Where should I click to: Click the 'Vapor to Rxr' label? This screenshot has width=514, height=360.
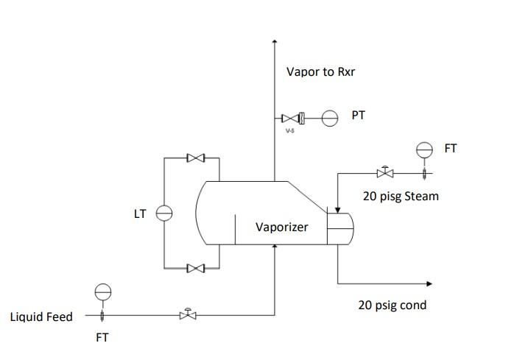(321, 72)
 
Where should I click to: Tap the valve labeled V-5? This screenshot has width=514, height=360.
(290, 118)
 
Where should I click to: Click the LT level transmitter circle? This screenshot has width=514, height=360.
(163, 213)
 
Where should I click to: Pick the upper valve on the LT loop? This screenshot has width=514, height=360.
(196, 158)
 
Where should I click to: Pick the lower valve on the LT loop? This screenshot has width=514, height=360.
(196, 269)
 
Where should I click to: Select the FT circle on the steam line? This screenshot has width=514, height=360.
(424, 149)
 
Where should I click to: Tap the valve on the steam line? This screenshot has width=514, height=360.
(384, 173)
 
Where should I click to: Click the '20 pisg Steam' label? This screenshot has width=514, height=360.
(401, 196)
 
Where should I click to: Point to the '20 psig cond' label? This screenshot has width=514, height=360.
(392, 305)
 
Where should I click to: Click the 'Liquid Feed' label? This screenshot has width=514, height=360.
(41, 317)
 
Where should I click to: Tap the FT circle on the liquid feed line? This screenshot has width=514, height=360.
(102, 292)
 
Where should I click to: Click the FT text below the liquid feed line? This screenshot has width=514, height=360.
(102, 339)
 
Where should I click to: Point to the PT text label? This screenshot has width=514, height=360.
(359, 116)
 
